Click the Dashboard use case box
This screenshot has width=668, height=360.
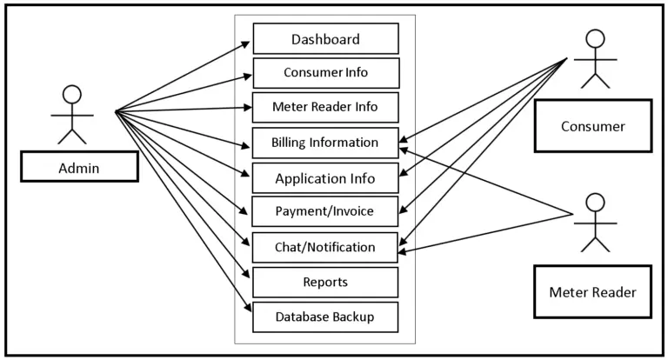pyautogui.click(x=325, y=39)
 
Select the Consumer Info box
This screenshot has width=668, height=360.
pyautogui.click(x=325, y=73)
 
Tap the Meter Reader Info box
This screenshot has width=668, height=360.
pyautogui.click(x=325, y=108)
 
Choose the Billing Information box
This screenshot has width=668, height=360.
pyautogui.click(x=325, y=143)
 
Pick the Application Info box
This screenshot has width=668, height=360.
pyautogui.click(x=325, y=178)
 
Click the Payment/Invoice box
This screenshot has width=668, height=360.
pyautogui.click(x=325, y=211)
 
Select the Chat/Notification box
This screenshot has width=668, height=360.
pyautogui.click(x=325, y=247)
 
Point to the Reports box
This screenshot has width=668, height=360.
pyautogui.click(x=325, y=282)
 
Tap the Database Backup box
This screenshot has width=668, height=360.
pyautogui.click(x=325, y=317)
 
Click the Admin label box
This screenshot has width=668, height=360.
pyautogui.click(x=79, y=166)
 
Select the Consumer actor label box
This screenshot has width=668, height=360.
pyautogui.click(x=592, y=126)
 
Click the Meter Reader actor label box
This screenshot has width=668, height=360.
pyautogui.click(x=592, y=292)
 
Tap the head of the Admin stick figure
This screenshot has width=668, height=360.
pyautogui.click(x=72, y=94)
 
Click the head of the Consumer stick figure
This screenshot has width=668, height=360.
pyautogui.click(x=595, y=39)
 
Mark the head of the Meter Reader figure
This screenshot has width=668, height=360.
pyautogui.click(x=595, y=203)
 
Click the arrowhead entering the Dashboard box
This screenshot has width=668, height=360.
pyautogui.click(x=248, y=42)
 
